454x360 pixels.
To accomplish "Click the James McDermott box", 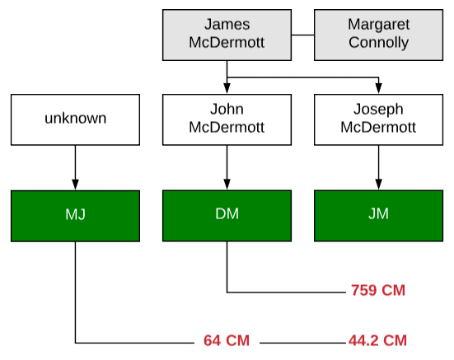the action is pos(227,35).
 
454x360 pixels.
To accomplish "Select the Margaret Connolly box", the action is pos(378,35).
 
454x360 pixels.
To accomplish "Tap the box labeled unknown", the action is pos(75,119).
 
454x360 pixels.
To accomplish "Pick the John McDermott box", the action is pos(227,119).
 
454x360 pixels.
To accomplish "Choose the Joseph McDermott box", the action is pos(378,119).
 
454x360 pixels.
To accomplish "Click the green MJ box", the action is pos(75,216).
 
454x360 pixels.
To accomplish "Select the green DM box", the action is pos(227,216).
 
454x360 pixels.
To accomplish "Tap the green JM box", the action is pos(378,216).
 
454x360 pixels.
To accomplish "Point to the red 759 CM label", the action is pos(378,290).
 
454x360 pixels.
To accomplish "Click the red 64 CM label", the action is pos(227,340).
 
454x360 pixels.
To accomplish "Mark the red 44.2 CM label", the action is pos(377,340).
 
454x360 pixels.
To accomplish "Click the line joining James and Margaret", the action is pos(302,35).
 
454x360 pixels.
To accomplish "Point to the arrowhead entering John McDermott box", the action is pos(227,88).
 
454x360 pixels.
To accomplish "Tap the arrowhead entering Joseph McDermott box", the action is pos(378,88).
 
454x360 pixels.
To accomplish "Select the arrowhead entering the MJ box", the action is pos(75,185).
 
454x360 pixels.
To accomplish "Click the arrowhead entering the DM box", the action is pos(227,185).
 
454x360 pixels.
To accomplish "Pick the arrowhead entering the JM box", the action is pos(378,185).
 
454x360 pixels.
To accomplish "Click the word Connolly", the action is pos(378,43).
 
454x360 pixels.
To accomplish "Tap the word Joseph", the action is pos(378,110).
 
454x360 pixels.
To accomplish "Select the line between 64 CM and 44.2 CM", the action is pos(303,344).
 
